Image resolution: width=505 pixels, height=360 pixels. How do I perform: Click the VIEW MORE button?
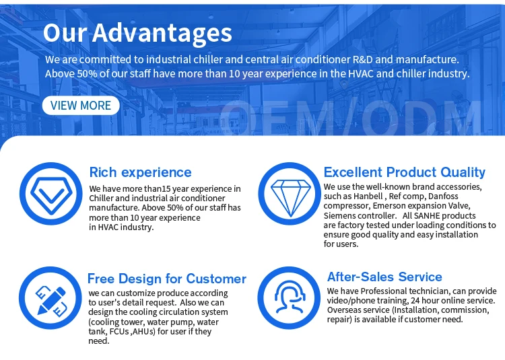(x=81, y=106)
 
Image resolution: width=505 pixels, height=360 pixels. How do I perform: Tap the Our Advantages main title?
(x=137, y=33)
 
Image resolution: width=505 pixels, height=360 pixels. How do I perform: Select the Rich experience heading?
(x=141, y=172)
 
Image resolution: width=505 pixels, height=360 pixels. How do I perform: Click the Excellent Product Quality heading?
(x=405, y=172)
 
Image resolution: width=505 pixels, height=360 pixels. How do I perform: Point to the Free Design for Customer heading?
(x=167, y=279)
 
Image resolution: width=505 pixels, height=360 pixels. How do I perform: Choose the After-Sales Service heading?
(x=384, y=277)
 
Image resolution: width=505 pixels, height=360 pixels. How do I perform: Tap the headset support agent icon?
(x=289, y=297)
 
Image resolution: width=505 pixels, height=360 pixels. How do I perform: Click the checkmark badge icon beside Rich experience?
(x=51, y=194)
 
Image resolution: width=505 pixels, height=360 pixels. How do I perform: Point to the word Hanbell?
(x=368, y=196)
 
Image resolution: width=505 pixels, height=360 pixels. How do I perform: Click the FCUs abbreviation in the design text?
(x=119, y=331)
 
